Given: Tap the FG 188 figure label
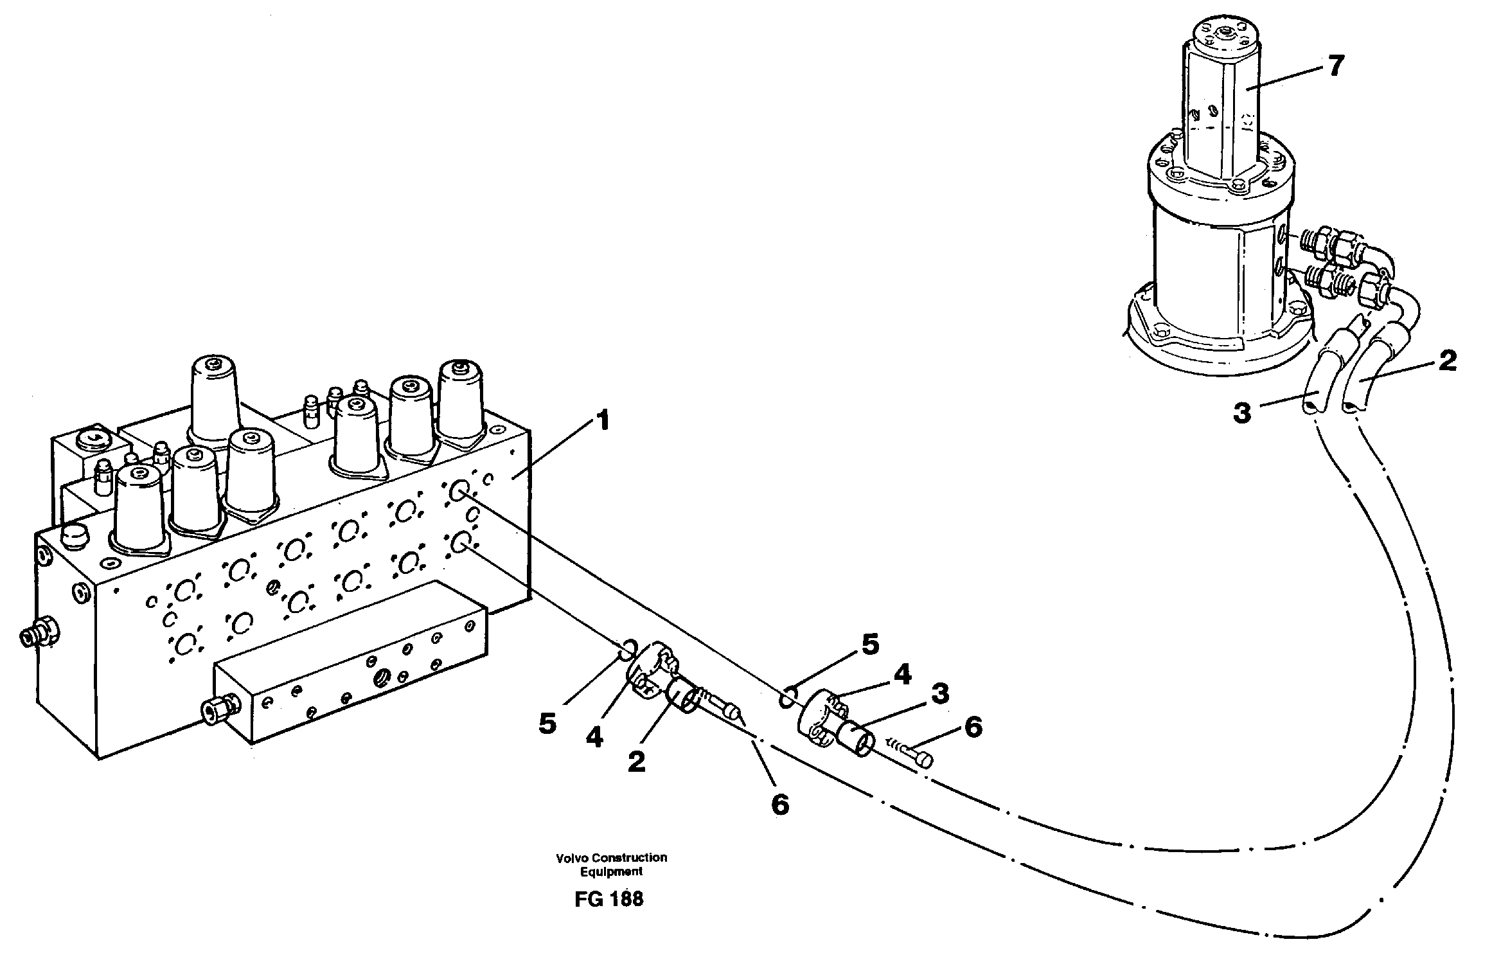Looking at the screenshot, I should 608,899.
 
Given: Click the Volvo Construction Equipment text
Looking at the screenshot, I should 611,864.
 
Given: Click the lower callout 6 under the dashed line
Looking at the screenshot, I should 779,804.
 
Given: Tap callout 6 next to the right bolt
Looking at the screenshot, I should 973,728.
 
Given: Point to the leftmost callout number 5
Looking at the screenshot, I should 547,723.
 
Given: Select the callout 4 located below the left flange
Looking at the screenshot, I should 594,738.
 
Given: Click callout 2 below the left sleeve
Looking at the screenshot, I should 635,762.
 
